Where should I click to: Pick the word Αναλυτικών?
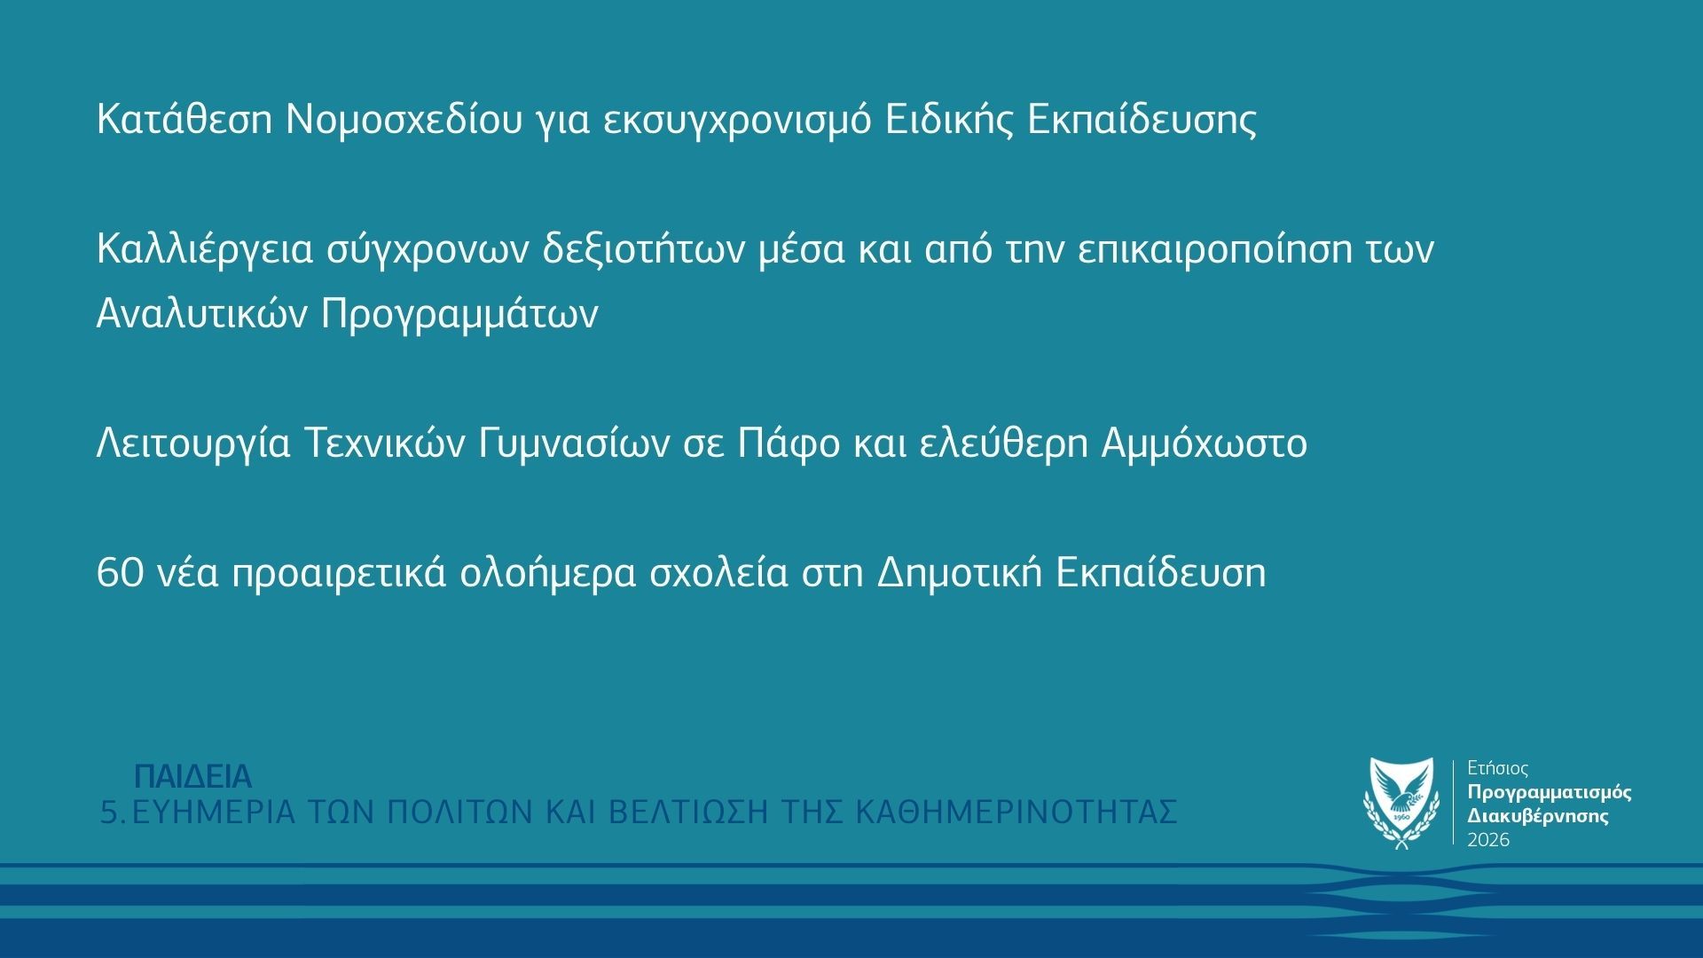tap(200, 314)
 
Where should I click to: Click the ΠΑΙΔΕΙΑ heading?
tap(193, 777)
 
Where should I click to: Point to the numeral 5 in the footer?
tap(108, 813)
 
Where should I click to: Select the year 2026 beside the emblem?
tap(1488, 840)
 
